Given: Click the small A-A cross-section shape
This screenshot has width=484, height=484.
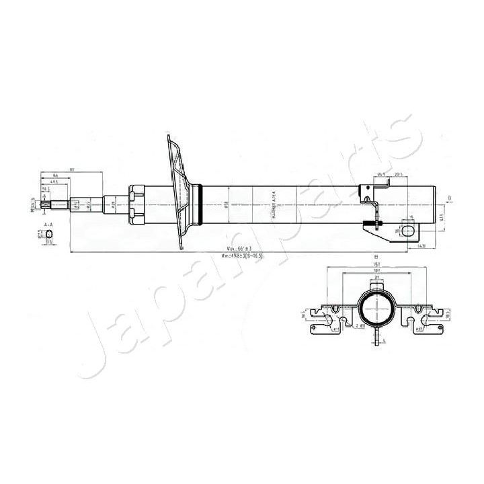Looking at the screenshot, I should pos(48,233).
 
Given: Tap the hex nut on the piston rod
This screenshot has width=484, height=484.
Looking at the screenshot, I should pos(136,202).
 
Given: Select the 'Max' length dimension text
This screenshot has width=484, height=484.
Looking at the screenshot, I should pos(235,249).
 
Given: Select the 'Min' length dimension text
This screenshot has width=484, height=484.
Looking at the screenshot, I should pos(239,255).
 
